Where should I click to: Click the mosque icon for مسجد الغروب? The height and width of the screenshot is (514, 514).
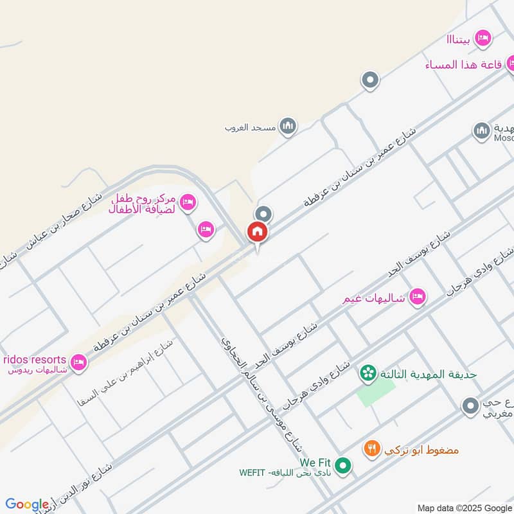point(287,125)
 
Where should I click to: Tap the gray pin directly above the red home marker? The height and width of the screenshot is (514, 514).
point(263,214)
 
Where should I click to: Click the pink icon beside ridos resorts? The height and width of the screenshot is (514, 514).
point(79,362)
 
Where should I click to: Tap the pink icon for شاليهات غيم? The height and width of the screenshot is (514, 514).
point(418,297)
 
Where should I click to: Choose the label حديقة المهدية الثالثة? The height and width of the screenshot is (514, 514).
point(427,374)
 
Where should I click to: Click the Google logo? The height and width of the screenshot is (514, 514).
point(27,504)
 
